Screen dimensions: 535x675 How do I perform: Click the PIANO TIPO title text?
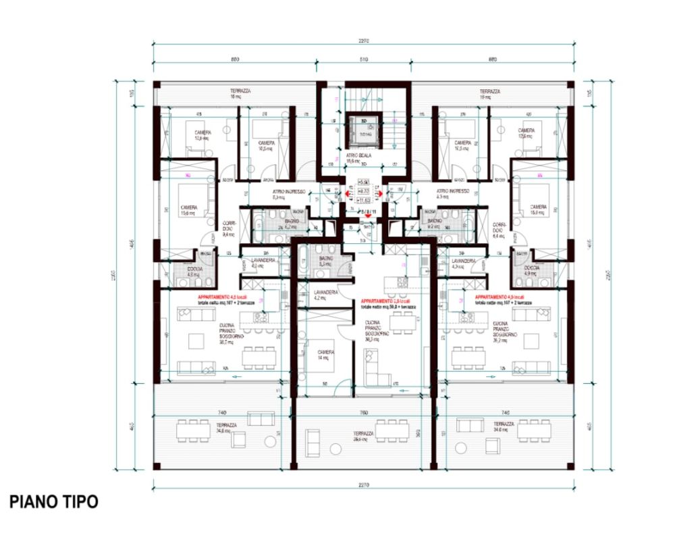tap(54, 502)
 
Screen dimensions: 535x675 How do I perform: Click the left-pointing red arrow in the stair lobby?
tap(349, 195)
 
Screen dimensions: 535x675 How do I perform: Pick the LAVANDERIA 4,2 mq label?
tap(325, 295)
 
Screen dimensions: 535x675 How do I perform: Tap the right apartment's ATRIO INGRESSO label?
tap(452, 194)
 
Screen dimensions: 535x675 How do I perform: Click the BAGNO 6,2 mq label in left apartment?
tap(291, 224)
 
